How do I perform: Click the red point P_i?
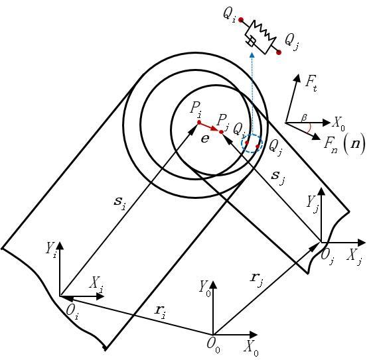click(x=199, y=122)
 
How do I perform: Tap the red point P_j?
click(x=221, y=132)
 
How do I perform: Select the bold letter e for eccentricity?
click(x=205, y=139)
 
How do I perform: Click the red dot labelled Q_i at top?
click(x=241, y=20)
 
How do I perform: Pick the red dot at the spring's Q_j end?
click(x=279, y=52)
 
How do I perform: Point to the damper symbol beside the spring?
click(x=251, y=42)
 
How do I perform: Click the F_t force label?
click(x=311, y=84)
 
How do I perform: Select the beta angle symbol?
click(x=304, y=118)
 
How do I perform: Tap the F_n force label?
click(x=331, y=143)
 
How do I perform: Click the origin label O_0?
click(x=213, y=345)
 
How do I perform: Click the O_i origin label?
click(x=72, y=312)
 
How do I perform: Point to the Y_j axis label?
click(x=313, y=204)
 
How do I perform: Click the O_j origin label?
click(x=327, y=257)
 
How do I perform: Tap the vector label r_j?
click(x=257, y=278)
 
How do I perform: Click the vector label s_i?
click(x=119, y=203)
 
